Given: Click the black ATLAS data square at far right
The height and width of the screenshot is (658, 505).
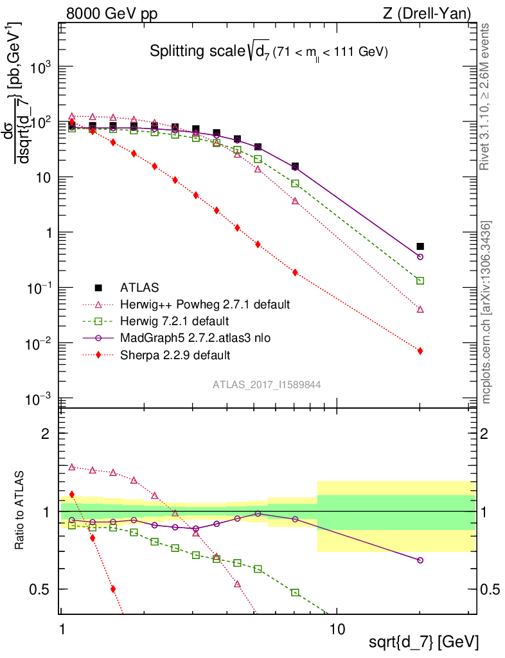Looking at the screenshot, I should (x=420, y=246).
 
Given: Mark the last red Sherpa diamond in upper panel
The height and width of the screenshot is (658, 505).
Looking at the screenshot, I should (x=420, y=351).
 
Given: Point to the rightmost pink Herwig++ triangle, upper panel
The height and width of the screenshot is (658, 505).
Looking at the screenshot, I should (x=420, y=309).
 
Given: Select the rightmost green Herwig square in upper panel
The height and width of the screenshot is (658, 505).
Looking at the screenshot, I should (x=420, y=281).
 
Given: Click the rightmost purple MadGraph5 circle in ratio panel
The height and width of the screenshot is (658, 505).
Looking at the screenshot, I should (x=420, y=560).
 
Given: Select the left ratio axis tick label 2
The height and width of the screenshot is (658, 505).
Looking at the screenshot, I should (x=46, y=434).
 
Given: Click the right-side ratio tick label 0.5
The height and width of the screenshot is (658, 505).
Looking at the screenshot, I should (x=490, y=589).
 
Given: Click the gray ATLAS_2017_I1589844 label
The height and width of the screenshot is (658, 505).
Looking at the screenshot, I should (x=267, y=385).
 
